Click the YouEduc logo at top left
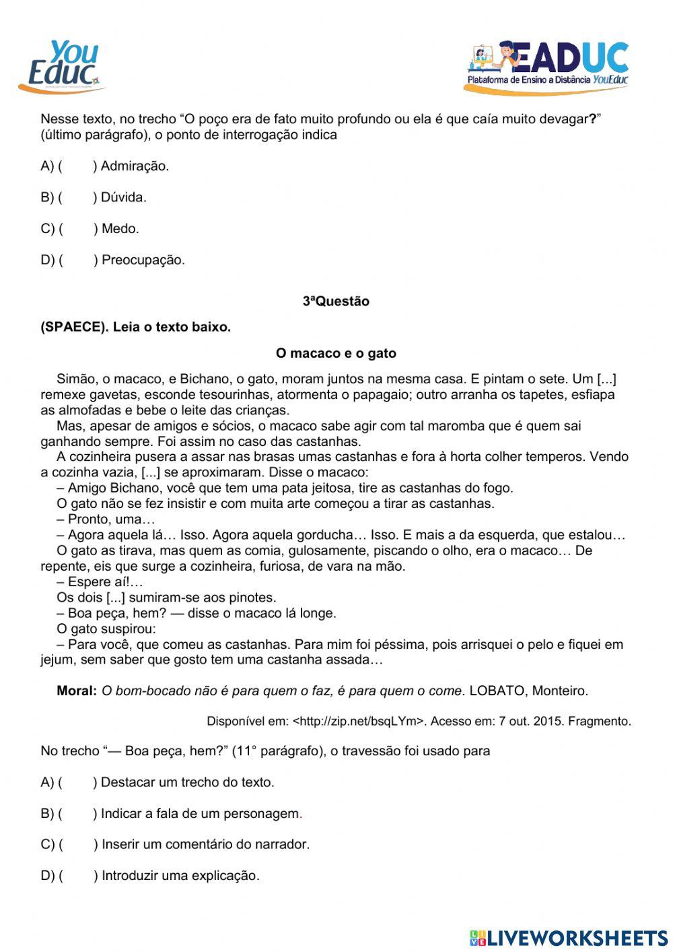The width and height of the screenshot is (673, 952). (63, 66)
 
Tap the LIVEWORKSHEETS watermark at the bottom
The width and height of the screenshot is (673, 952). (569, 938)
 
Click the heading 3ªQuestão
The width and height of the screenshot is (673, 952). (336, 301)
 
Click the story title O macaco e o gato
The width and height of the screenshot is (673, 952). (336, 353)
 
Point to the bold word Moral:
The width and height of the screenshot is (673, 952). (77, 691)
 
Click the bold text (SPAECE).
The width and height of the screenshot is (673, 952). (74, 327)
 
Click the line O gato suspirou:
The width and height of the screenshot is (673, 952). (106, 629)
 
